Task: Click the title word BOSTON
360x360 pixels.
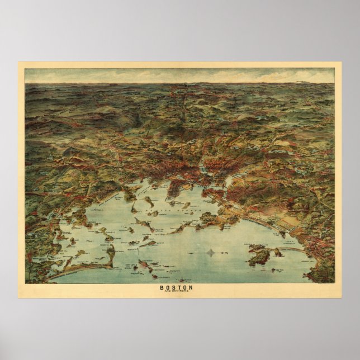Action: [179, 288]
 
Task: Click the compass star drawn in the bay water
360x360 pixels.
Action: [211, 252]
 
